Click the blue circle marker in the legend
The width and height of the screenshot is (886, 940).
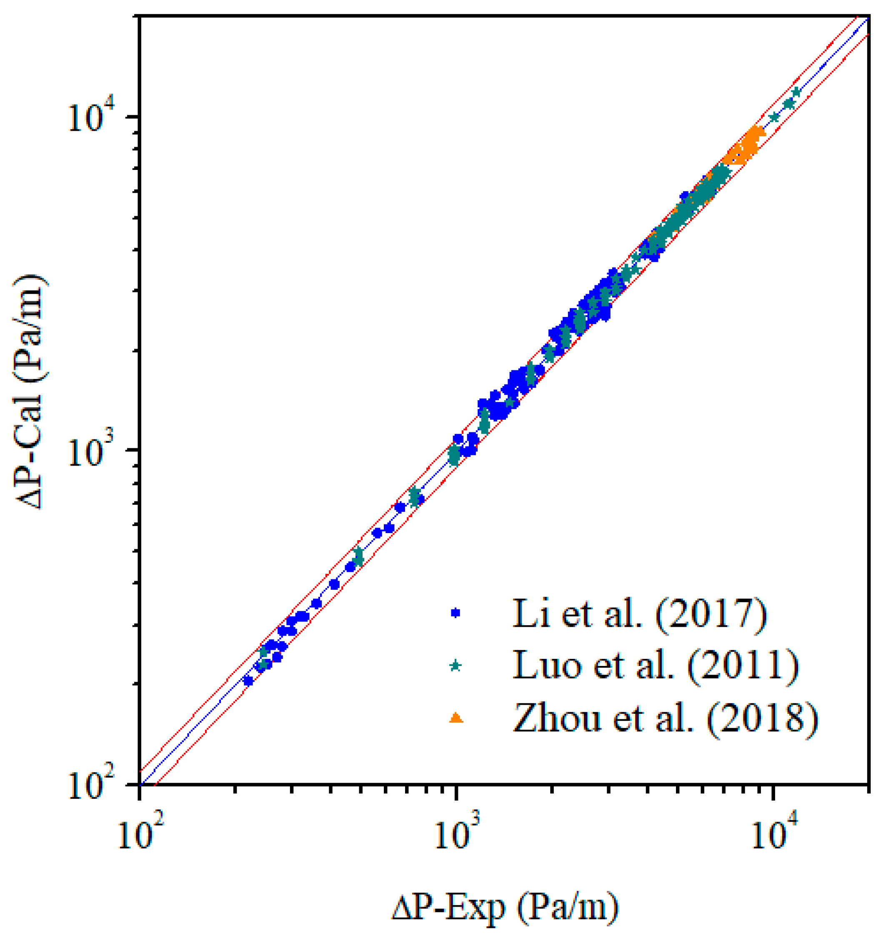(x=456, y=613)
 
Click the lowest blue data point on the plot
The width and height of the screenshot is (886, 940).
(x=248, y=681)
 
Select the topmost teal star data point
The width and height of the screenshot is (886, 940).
(x=796, y=92)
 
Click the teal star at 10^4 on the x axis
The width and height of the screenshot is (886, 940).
(x=774, y=117)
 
